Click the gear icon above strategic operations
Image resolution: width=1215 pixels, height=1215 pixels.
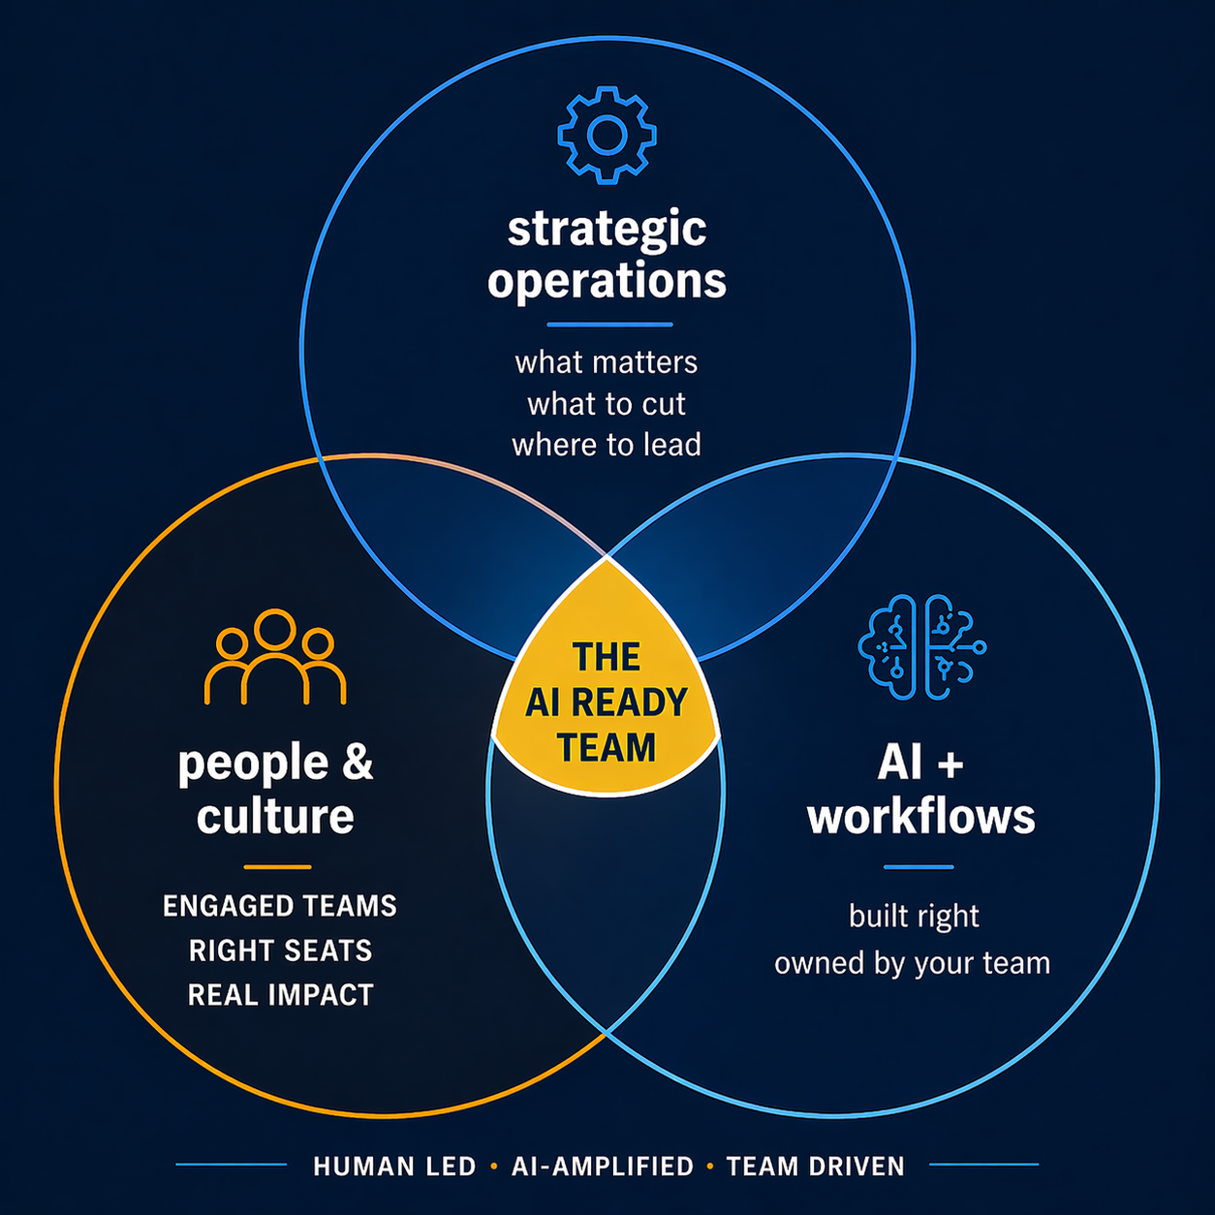[607, 135]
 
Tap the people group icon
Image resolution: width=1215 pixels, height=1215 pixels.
[275, 656]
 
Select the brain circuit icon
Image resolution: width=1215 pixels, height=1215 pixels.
[921, 646]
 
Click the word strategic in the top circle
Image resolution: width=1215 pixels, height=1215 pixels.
[607, 229]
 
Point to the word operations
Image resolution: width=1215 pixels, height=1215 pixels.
[607, 281]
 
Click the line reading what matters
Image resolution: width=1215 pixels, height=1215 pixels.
[607, 362]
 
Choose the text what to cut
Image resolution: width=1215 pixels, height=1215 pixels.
[607, 403]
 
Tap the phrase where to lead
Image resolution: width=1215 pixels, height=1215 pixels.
[607, 445]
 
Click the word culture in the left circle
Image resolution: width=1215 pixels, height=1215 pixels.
[275, 816]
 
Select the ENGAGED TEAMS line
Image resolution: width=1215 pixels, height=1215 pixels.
[280, 906]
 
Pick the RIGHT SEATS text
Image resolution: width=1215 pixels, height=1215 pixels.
[280, 950]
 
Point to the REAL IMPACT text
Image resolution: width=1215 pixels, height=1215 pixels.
[280, 995]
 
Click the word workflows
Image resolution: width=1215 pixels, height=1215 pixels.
[921, 817]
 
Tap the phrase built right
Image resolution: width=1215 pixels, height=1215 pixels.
[914, 916]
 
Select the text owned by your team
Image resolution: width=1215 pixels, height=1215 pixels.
[912, 963]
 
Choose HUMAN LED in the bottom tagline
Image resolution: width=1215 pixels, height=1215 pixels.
[394, 1167]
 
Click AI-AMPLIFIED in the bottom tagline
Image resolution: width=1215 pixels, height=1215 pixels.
[603, 1167]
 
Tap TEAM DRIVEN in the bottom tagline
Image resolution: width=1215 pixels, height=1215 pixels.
[816, 1167]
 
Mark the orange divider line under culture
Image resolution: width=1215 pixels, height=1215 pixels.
[277, 866]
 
